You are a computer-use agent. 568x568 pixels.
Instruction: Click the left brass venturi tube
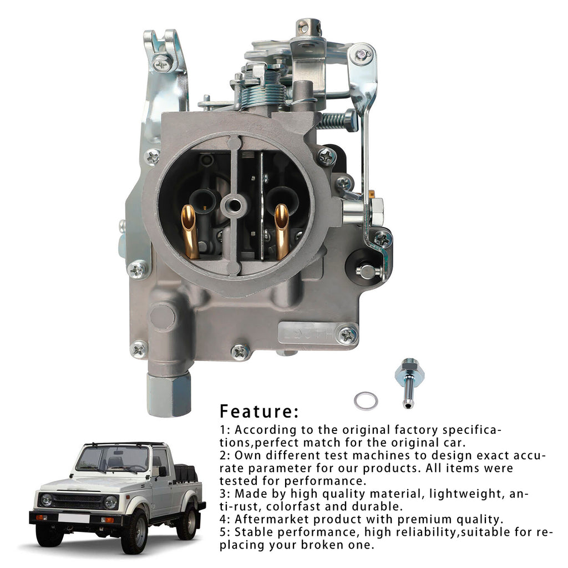point(190,232)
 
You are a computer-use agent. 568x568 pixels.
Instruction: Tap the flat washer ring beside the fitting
point(366,401)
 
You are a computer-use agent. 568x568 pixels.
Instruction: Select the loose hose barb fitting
point(408,383)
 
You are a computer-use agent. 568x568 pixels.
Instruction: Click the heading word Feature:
point(260,412)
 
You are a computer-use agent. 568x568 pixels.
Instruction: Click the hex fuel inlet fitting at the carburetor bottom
point(169,394)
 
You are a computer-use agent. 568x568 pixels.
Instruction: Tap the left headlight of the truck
point(47,500)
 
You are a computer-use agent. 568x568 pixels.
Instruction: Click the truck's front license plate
point(74,519)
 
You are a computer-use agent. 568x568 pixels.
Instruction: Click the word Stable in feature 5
point(253,532)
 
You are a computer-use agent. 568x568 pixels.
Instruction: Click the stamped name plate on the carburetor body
point(306,333)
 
